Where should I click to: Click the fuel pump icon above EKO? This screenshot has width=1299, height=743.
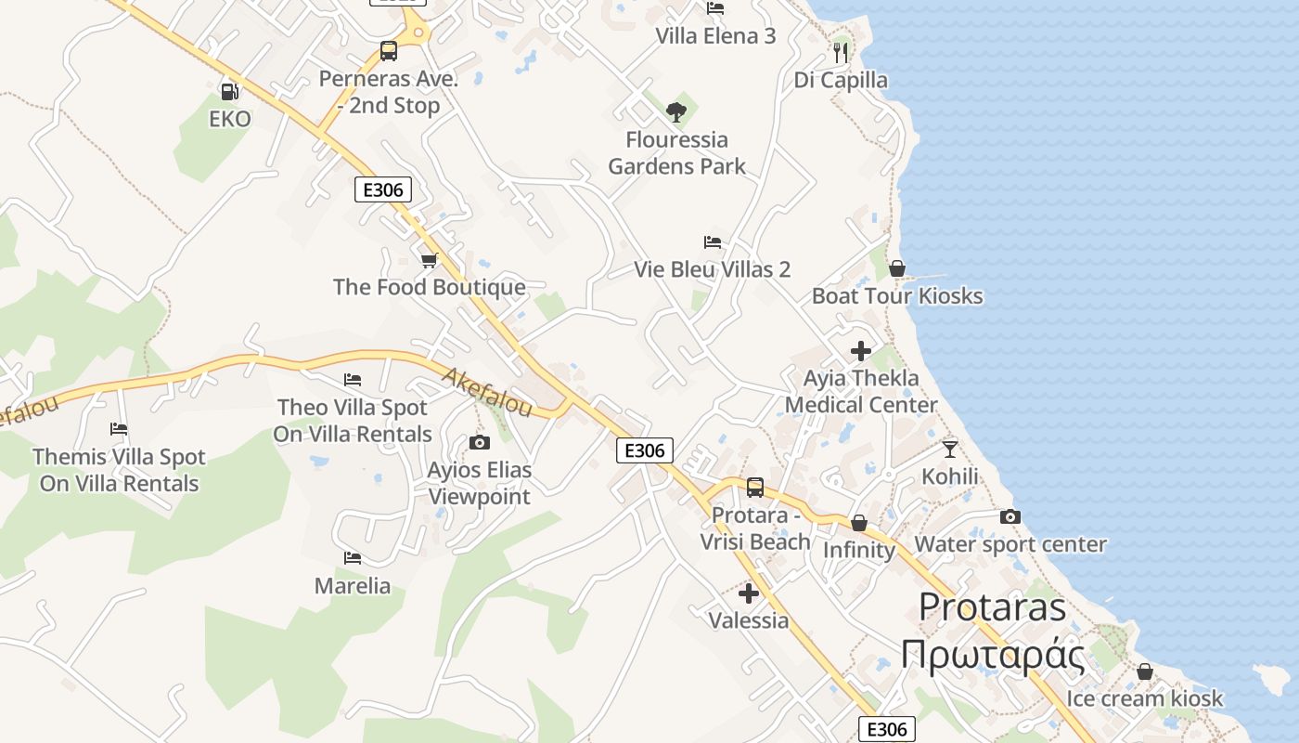click(229, 91)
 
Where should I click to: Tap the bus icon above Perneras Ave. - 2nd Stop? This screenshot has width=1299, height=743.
click(389, 51)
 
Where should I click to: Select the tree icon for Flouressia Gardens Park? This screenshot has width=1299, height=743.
click(676, 112)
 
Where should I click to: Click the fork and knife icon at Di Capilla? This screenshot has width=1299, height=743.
click(841, 52)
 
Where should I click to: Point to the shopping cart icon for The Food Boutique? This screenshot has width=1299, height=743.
click(429, 260)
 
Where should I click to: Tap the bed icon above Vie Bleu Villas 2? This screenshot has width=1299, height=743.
click(713, 242)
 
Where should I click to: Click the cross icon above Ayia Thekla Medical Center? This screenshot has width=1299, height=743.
click(861, 351)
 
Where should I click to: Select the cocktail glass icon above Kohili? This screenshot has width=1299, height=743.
click(949, 450)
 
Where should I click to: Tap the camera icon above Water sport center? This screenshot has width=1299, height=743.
click(1010, 517)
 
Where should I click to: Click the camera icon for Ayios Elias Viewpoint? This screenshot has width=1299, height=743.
click(479, 442)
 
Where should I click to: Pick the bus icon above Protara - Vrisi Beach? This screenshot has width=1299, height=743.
click(755, 488)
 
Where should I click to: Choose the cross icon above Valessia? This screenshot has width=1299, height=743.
click(749, 593)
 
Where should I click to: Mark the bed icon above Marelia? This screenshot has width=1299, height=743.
click(353, 558)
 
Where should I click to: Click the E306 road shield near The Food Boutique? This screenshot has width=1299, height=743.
click(383, 190)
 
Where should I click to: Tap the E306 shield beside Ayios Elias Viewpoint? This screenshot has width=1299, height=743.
click(645, 450)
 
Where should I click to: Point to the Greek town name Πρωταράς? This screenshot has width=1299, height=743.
click(993, 656)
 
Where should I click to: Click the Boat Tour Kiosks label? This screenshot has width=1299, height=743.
click(897, 296)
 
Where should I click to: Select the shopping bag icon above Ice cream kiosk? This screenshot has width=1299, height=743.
click(1145, 671)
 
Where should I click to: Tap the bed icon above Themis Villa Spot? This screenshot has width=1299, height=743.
click(119, 429)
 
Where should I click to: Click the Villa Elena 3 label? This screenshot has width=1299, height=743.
click(715, 36)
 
